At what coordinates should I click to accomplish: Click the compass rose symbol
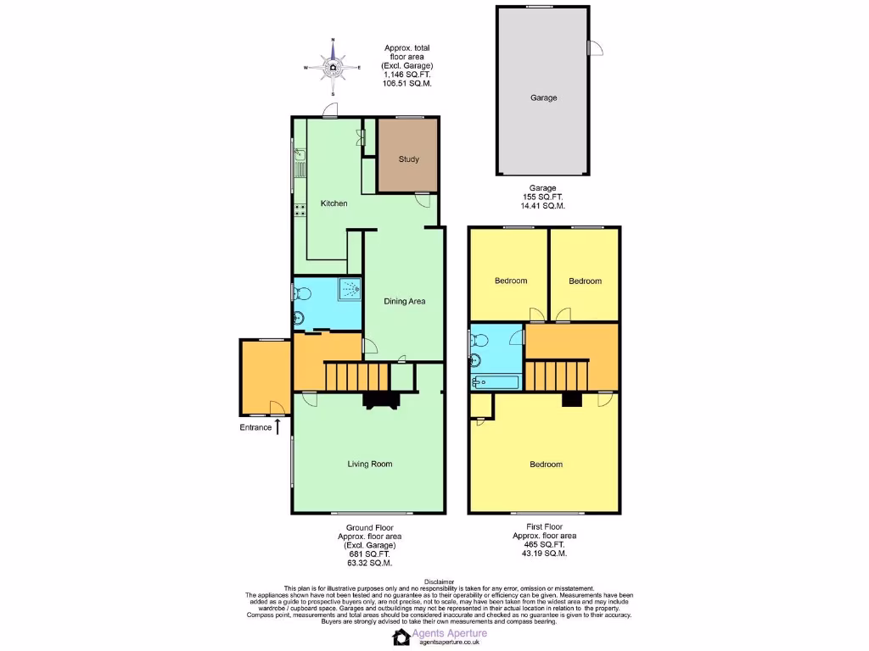(x=333, y=66)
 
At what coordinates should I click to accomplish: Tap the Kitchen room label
(x=334, y=203)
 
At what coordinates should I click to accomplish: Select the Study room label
(x=408, y=159)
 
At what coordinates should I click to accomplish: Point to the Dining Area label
(x=404, y=301)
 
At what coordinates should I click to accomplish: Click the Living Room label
(x=370, y=464)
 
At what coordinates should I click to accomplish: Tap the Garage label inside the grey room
(x=544, y=97)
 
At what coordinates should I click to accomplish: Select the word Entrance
(x=255, y=427)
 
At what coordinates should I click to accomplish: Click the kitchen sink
(x=300, y=161)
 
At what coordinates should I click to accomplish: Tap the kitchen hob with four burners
(x=300, y=210)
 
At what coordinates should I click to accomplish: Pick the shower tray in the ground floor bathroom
(x=348, y=290)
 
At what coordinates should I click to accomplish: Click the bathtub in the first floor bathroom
(x=496, y=382)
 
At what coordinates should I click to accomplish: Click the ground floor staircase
(x=356, y=374)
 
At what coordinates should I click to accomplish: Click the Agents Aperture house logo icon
(x=401, y=637)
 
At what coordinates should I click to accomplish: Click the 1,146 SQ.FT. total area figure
(x=407, y=75)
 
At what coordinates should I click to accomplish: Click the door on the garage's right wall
(x=595, y=48)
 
